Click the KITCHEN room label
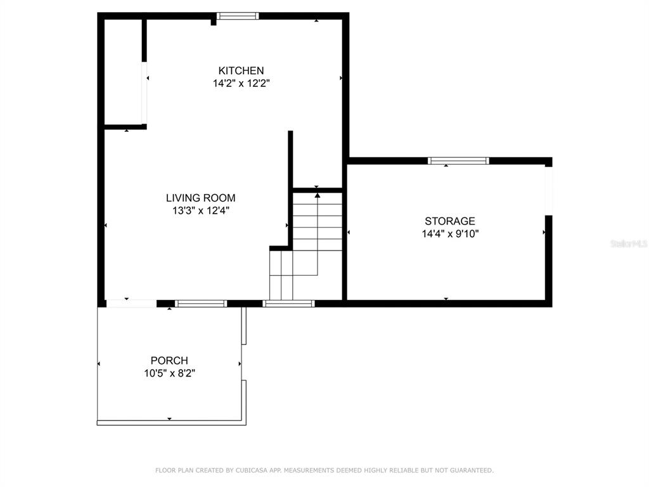241,70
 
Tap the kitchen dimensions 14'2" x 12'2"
241,83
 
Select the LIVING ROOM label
201,198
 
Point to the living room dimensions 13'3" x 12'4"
201,211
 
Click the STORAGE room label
450,221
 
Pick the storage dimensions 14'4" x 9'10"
450,233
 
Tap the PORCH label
169,360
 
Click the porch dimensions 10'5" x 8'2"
169,373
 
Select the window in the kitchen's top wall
238,16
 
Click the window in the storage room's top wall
458,160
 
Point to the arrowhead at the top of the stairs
318,195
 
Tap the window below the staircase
288,304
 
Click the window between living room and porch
201,304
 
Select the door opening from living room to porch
131,304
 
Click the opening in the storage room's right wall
548,191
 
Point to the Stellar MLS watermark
629,243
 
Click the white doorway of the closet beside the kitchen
145,93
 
